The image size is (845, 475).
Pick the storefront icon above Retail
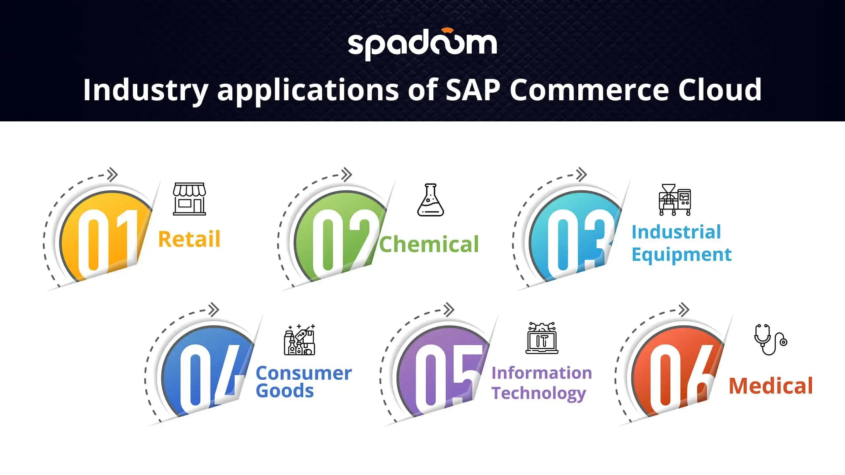pyautogui.click(x=189, y=199)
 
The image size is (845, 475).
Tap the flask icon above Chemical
pyautogui.click(x=430, y=200)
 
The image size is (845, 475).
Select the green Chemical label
pyautogui.click(x=429, y=244)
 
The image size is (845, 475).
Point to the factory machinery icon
pyautogui.click(x=675, y=200)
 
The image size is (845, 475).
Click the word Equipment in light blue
pyautogui.click(x=682, y=255)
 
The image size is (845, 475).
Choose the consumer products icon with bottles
pyautogui.click(x=299, y=339)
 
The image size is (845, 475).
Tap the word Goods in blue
pyautogui.click(x=285, y=391)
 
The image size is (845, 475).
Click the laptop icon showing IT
pyautogui.click(x=542, y=338)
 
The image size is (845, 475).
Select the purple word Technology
pyautogui.click(x=539, y=394)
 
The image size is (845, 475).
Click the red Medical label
pyautogui.click(x=771, y=386)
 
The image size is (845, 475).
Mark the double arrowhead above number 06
pyautogui.click(x=684, y=310)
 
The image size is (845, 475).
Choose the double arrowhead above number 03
pyautogui.click(x=582, y=174)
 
